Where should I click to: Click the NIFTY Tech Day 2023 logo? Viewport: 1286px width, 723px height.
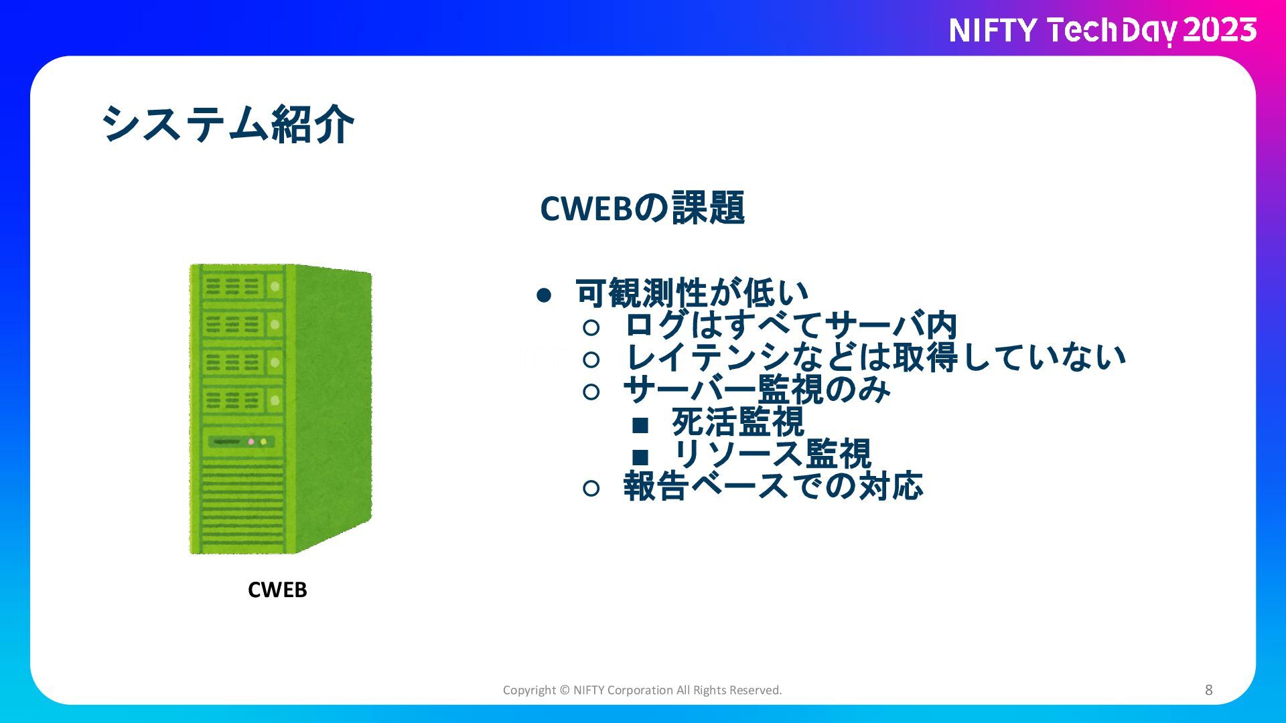(1102, 31)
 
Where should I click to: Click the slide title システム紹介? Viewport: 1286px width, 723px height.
(228, 125)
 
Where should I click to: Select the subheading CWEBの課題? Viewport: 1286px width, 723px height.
(642, 208)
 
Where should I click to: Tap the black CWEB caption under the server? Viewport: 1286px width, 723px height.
(277, 590)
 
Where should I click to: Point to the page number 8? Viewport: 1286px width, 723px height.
(1209, 690)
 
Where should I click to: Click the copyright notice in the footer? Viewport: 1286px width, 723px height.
(642, 690)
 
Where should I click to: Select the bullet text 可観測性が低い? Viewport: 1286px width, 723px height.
(693, 293)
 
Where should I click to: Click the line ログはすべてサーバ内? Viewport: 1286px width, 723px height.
(791, 325)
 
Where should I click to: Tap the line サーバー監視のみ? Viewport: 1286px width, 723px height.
(758, 389)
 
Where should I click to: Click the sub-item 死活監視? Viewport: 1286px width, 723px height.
(738, 422)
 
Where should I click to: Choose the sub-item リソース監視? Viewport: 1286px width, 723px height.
(772, 454)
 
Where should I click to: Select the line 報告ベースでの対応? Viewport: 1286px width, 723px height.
(774, 486)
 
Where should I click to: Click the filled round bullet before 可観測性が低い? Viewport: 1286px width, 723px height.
(544, 295)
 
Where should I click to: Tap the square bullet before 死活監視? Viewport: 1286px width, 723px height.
(640, 424)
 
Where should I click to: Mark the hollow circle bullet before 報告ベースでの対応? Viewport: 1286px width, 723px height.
(591, 489)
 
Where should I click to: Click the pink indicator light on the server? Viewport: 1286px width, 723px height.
(251, 442)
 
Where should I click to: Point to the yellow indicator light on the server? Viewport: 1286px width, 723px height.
(263, 442)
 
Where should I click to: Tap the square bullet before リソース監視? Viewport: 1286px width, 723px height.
(640, 457)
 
